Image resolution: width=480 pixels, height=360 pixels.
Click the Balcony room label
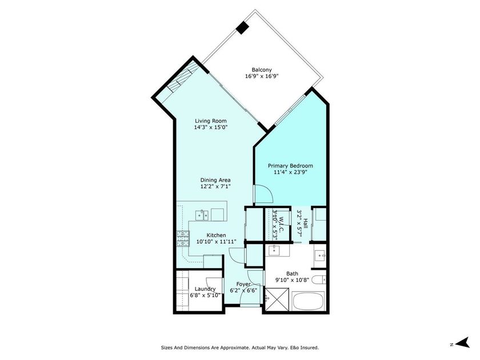pyautogui.click(x=262, y=70)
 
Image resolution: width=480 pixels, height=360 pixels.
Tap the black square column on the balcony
pyautogui.click(x=243, y=27)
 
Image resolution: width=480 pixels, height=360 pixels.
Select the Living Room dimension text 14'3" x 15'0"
pyautogui.click(x=211, y=128)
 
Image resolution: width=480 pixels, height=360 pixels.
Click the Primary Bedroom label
pyautogui.click(x=291, y=166)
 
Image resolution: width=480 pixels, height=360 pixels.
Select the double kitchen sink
pyautogui.click(x=201, y=215)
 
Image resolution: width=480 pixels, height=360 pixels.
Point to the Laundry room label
pyautogui.click(x=205, y=289)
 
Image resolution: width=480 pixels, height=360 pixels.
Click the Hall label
pyautogui.click(x=306, y=223)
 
